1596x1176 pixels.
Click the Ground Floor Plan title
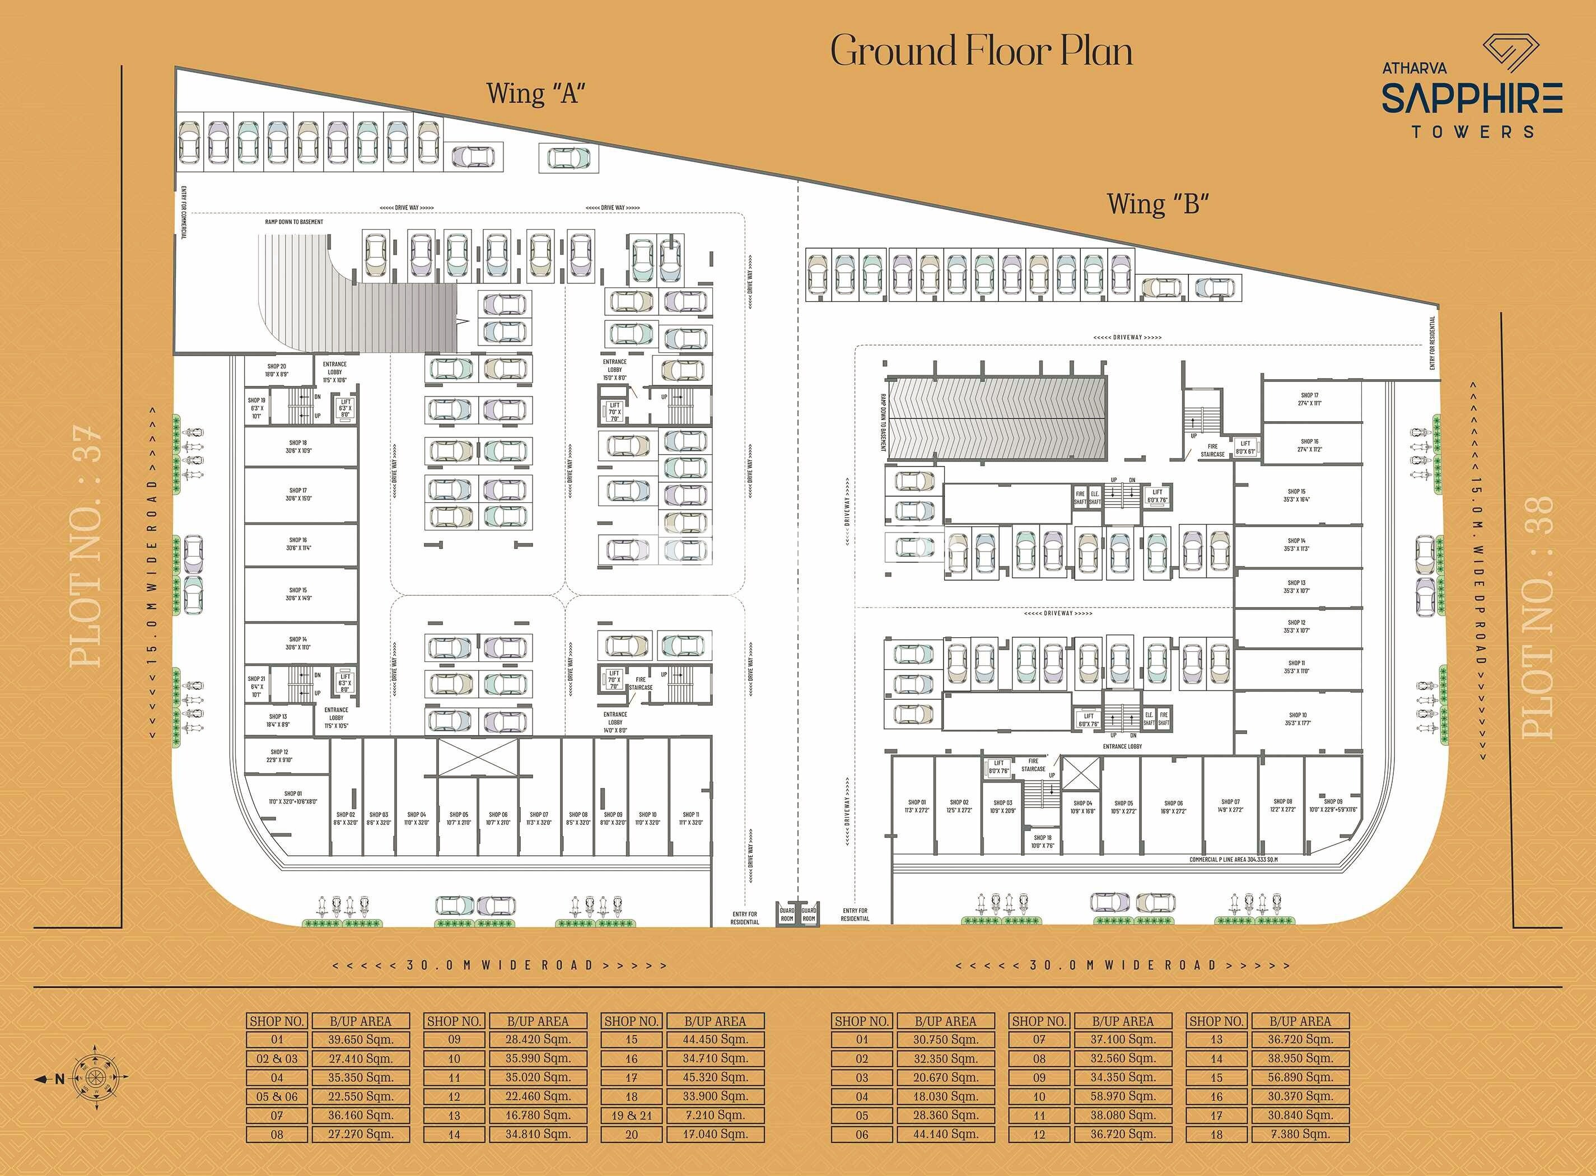tap(981, 52)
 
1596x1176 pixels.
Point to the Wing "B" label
tap(1158, 204)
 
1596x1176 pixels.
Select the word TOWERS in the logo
tap(1472, 132)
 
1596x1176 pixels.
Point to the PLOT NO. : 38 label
tap(1538, 617)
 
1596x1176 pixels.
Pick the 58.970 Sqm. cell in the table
tap(1123, 1096)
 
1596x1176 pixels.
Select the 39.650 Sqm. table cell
tap(360, 1039)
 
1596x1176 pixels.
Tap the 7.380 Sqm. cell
tap(1300, 1135)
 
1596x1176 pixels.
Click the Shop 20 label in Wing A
tap(277, 370)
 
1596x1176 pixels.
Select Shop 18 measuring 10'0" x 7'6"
tap(1042, 842)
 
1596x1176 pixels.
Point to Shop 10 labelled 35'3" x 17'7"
tap(1297, 719)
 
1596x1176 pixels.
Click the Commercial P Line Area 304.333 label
tap(1233, 859)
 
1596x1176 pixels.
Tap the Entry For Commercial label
tap(184, 212)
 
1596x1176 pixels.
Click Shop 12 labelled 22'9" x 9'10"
tap(280, 755)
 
